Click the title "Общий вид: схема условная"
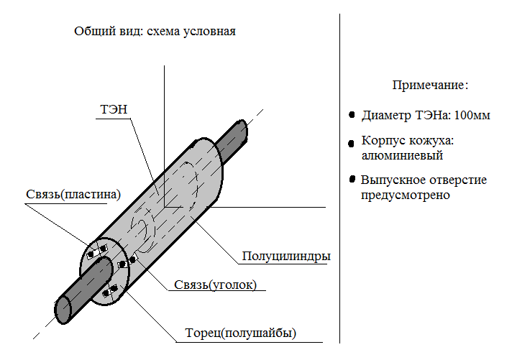point(155,32)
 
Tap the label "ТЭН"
point(114,109)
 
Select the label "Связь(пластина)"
point(73,195)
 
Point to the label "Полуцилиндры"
point(286,257)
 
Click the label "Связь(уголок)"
point(216,285)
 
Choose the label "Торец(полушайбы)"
point(241,333)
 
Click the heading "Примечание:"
point(430,86)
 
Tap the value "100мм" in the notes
point(472,115)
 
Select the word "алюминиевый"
point(402,155)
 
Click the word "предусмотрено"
point(406,195)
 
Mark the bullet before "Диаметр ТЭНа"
point(352,114)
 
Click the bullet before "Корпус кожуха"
point(352,143)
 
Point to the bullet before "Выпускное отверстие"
point(352,179)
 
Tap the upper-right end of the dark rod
point(242,130)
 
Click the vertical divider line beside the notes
point(339,178)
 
